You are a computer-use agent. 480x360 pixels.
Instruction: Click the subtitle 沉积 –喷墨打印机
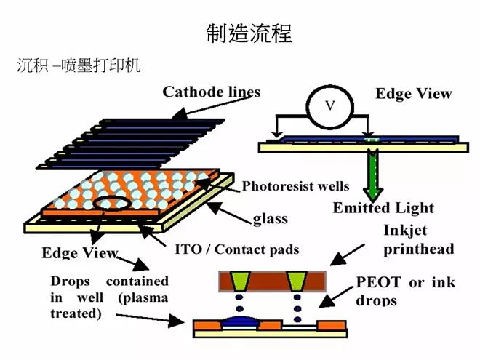79,65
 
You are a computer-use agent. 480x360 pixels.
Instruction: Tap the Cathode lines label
211,92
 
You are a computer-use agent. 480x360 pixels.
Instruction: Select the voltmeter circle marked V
329,106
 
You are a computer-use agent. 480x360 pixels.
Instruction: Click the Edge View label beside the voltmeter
413,94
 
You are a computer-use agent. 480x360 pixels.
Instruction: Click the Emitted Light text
383,208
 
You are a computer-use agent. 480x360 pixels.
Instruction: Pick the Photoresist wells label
295,185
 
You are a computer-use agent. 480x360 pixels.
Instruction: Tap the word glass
270,218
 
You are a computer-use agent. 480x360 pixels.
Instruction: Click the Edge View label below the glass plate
80,253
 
